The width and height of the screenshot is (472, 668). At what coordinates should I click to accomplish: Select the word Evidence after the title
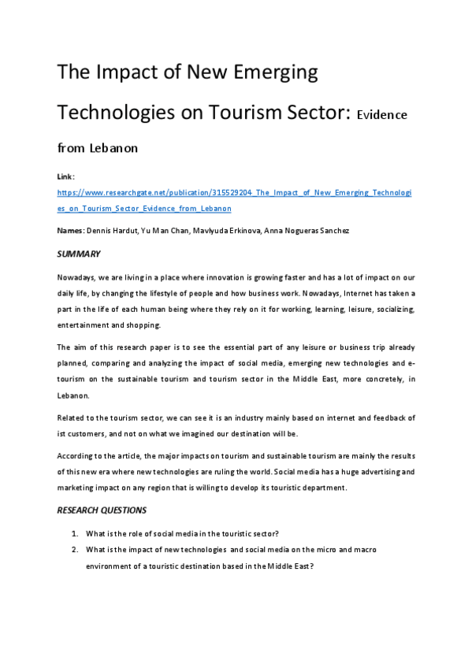click(x=382, y=114)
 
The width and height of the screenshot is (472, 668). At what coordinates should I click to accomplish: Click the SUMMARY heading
click(x=79, y=254)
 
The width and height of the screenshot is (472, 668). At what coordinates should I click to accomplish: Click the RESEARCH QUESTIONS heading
click(x=102, y=510)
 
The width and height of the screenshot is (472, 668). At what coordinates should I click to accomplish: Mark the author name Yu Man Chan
click(x=160, y=229)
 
